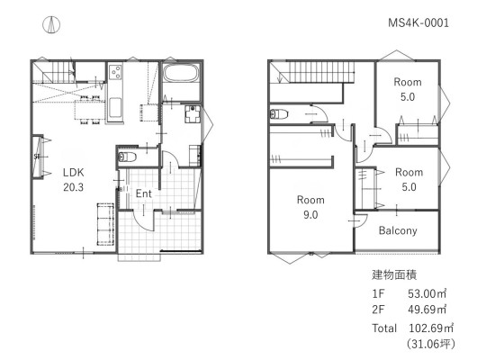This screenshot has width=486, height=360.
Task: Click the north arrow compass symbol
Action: [51, 24]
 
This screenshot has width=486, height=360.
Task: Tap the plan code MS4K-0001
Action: [418, 22]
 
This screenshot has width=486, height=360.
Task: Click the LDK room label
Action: [74, 173]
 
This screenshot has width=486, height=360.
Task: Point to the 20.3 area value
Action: [74, 187]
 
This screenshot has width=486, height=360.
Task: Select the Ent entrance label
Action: [143, 193]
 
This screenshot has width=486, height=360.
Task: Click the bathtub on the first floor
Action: [181, 73]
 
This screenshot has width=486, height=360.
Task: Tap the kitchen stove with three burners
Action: [115, 72]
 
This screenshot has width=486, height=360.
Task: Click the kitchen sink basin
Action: [115, 108]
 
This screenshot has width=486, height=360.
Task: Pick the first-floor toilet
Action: [127, 157]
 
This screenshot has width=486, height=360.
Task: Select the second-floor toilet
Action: [279, 114]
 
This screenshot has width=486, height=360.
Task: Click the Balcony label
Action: [398, 230]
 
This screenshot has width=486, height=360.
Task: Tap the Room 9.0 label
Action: [310, 207]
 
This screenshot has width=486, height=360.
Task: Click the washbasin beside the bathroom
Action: [193, 113]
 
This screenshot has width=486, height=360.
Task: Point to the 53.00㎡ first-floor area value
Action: [427, 293]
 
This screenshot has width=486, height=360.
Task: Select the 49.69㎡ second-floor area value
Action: [427, 310]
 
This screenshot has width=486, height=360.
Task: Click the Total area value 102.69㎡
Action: [431, 328]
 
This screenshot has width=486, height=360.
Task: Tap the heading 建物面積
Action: [394, 275]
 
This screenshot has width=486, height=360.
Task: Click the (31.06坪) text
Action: [431, 344]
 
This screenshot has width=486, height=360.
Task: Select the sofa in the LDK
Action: [105, 224]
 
